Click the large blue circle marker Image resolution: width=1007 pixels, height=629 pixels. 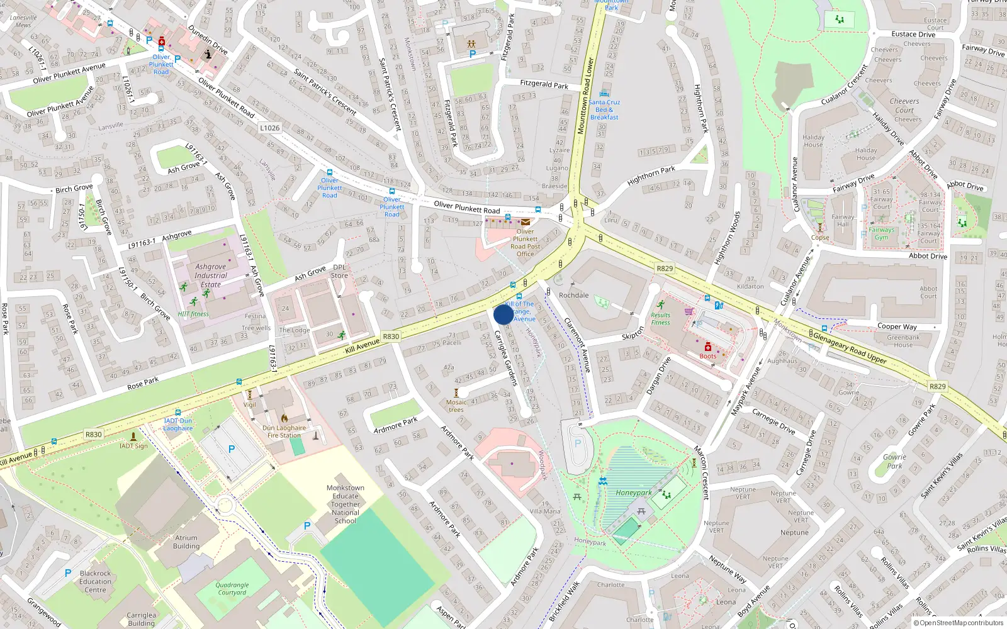pyautogui.click(x=503, y=314)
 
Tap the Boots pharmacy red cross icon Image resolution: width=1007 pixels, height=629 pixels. pyautogui.click(x=707, y=347)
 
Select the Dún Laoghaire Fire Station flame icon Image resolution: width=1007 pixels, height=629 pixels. pyautogui.click(x=284, y=418)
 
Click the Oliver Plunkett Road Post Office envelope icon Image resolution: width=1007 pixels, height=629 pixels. pyautogui.click(x=526, y=221)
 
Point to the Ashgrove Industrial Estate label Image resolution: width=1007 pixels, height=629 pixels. pyautogui.click(x=211, y=276)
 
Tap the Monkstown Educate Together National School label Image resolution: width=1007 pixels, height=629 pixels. pyautogui.click(x=345, y=504)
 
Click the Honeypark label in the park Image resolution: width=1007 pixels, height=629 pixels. pyautogui.click(x=634, y=493)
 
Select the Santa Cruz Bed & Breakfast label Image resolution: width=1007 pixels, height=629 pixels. pyautogui.click(x=604, y=109)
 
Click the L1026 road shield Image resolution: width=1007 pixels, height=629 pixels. pyautogui.click(x=269, y=128)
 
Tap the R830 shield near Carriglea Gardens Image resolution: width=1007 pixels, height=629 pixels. pyautogui.click(x=391, y=337)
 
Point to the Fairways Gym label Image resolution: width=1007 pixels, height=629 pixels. pyautogui.click(x=881, y=233)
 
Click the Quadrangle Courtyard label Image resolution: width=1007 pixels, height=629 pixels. pyautogui.click(x=232, y=589)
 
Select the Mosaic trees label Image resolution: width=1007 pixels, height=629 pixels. pyautogui.click(x=456, y=406)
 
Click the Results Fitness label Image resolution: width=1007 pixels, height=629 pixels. pyautogui.click(x=660, y=319)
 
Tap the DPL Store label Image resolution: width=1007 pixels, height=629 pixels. pyautogui.click(x=339, y=271)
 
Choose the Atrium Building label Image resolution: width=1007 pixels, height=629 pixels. pyautogui.click(x=186, y=542)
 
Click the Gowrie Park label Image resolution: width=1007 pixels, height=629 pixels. pyautogui.click(x=894, y=462)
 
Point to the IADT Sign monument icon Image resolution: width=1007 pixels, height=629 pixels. pyautogui.click(x=133, y=436)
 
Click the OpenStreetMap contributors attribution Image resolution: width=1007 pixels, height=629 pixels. pyautogui.click(x=961, y=623)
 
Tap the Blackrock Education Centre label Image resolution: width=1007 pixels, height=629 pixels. pyautogui.click(x=95, y=581)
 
